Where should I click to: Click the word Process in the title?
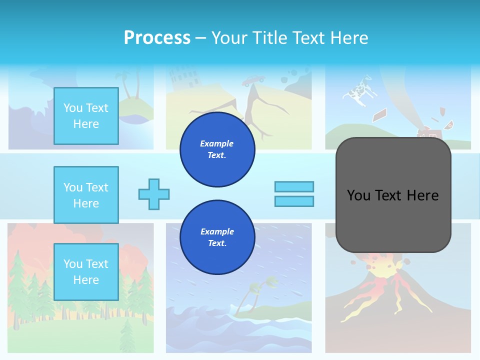(x=157, y=37)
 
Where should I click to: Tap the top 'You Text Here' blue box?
(x=86, y=116)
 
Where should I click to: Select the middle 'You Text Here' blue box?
(x=86, y=195)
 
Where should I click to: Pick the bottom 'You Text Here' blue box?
(x=86, y=272)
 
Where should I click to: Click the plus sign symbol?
(x=154, y=194)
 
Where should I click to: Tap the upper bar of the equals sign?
(x=294, y=186)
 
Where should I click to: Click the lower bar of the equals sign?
(x=294, y=201)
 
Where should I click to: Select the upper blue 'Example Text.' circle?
(x=217, y=149)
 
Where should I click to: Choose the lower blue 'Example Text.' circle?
(x=217, y=237)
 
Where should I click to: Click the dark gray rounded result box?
(x=393, y=195)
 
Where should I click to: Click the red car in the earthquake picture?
(x=253, y=80)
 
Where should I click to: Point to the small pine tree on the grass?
(x=127, y=335)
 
